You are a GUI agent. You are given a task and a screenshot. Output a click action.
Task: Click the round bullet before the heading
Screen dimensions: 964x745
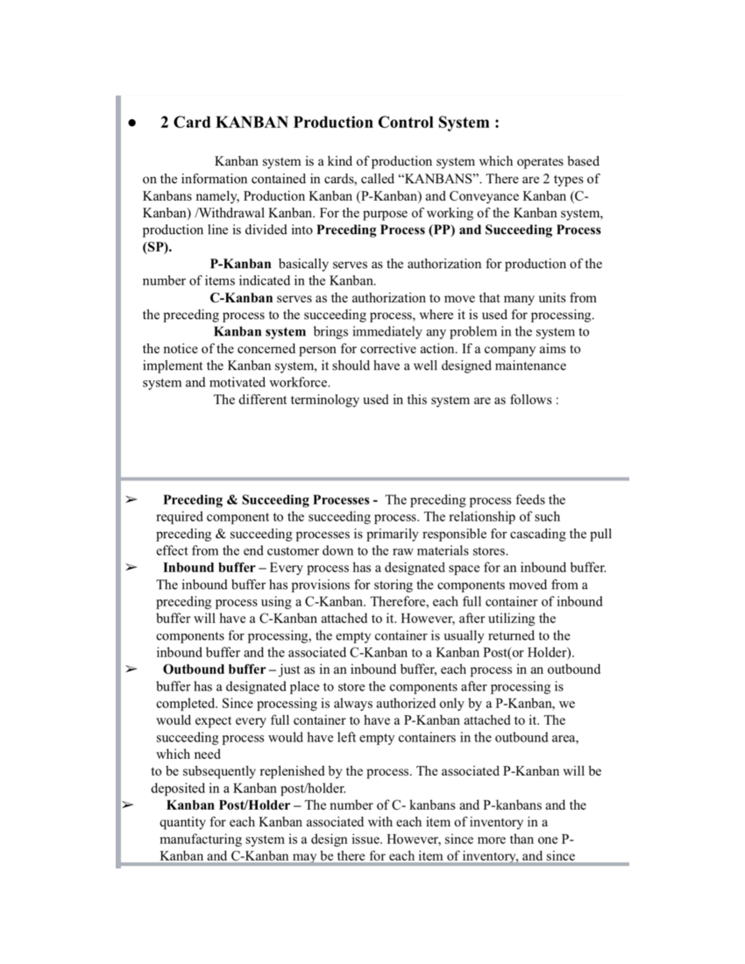[132, 123]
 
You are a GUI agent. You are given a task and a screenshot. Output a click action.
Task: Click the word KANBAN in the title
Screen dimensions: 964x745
[251, 122]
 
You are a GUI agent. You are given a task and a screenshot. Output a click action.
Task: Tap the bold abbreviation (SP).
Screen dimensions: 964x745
[157, 247]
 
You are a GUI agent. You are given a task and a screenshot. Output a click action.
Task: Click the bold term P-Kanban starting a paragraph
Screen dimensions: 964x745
[240, 264]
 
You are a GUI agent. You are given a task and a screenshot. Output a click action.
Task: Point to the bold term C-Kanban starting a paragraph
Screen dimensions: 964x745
[241, 298]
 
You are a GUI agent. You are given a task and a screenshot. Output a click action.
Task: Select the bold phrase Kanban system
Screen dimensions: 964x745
[260, 332]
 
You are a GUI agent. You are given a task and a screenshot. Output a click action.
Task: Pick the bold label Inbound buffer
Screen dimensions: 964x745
[209, 568]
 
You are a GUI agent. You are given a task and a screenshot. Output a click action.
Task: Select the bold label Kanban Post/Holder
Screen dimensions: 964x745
[228, 806]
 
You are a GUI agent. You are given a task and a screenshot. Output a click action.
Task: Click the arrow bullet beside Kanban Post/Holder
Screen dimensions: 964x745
[128, 806]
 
